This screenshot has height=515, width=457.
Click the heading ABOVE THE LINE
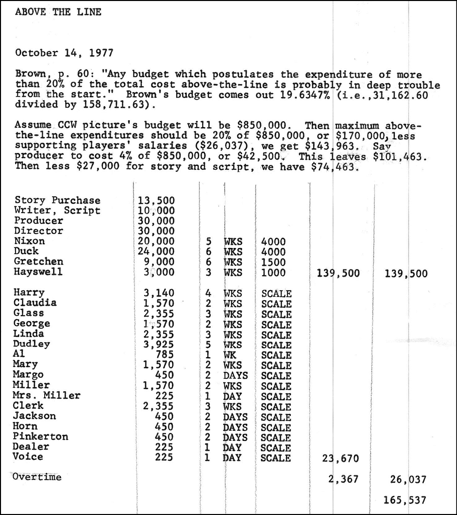coord(58,12)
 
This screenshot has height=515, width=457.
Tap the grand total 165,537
coord(405,500)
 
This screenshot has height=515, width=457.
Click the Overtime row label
coord(38,477)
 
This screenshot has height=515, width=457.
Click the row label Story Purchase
coord(58,200)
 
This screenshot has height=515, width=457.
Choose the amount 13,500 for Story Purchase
coord(156,200)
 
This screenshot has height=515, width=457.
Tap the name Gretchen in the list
coord(39,262)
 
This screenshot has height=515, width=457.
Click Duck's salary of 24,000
coord(156,251)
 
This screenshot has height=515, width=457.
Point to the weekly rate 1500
coord(273,262)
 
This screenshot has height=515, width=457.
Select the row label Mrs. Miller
coord(48,395)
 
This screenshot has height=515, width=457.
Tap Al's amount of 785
coord(164,355)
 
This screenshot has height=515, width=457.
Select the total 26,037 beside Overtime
coord(407,480)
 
